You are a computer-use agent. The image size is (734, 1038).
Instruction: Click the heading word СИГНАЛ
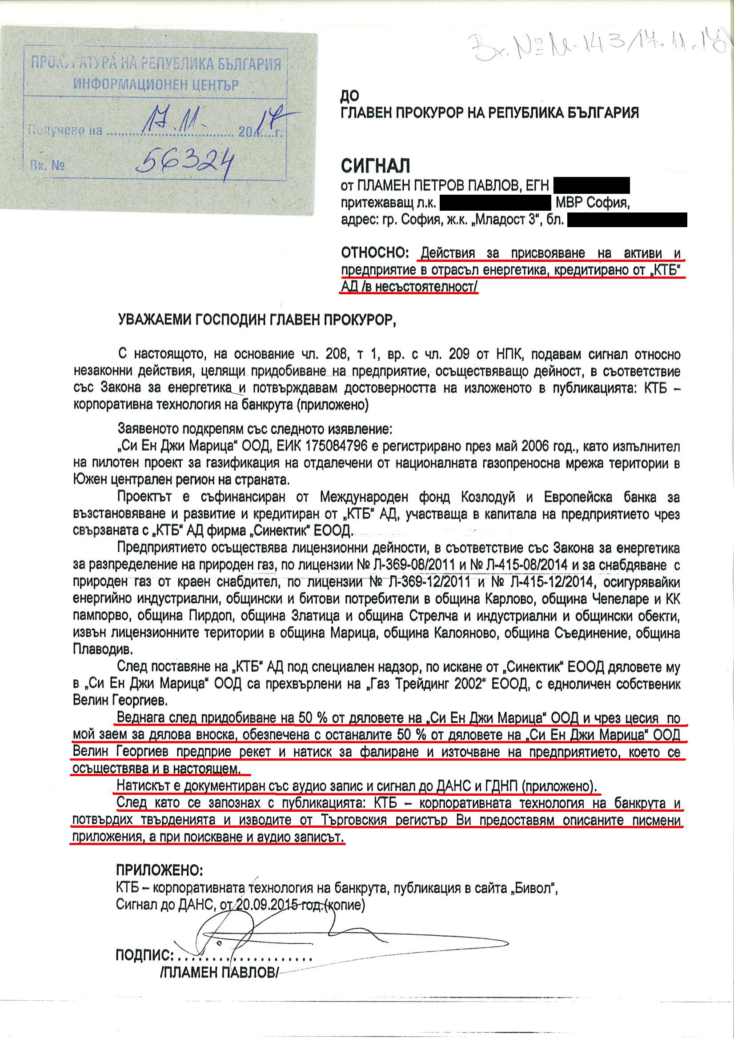375,166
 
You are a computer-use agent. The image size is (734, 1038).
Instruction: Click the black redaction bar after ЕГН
591,185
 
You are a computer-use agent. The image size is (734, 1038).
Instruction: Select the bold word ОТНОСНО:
375,252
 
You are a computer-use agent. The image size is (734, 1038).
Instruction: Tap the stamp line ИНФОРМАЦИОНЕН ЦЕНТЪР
156,84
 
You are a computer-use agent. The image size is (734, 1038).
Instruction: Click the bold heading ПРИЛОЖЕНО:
160,870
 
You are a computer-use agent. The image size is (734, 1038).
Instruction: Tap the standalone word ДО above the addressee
349,96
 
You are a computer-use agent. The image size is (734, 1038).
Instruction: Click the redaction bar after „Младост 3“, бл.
627,220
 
